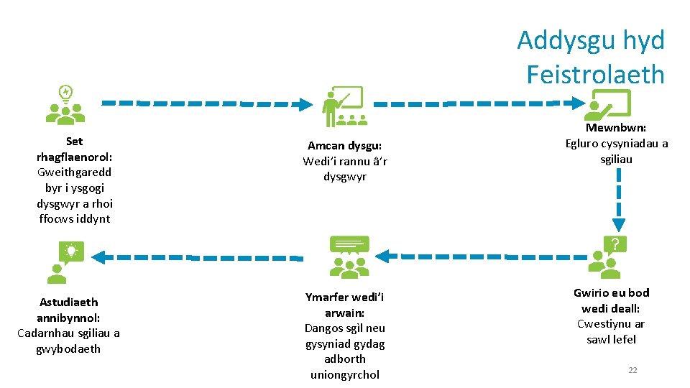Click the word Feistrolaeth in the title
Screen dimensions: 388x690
(595, 74)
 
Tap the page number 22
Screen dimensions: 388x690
(632, 370)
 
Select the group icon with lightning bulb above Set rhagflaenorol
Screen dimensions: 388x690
(65, 105)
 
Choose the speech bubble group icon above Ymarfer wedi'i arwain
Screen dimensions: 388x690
(348, 257)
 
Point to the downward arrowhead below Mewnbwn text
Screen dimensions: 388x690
(618, 225)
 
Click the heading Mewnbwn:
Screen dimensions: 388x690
(616, 128)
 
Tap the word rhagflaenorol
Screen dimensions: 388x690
(74, 157)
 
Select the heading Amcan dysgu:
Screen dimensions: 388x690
(345, 146)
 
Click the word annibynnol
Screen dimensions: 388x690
(68, 318)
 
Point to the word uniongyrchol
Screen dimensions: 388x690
(345, 374)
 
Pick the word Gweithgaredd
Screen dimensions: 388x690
(75, 172)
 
